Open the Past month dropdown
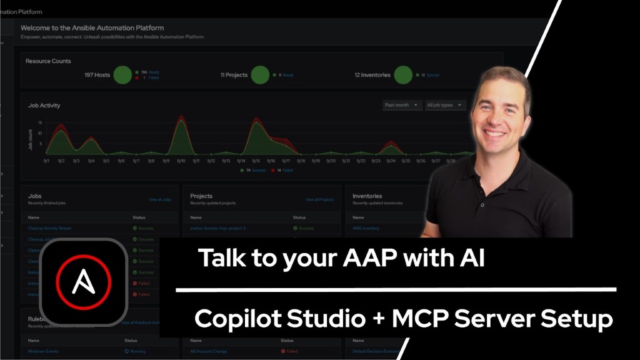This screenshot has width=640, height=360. point(402,105)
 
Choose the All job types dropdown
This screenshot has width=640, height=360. point(444,105)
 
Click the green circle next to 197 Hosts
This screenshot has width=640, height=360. point(123,75)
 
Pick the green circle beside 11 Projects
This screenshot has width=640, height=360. point(261,75)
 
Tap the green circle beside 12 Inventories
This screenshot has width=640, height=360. point(403,75)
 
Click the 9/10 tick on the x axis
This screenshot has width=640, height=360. point(181,161)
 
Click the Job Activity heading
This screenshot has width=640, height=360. point(44,106)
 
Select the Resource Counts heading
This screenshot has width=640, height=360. point(48,61)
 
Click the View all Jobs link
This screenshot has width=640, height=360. point(160,199)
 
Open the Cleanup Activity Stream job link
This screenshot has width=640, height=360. point(50,228)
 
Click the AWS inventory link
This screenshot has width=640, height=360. point(366,228)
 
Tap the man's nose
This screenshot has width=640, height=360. point(495,119)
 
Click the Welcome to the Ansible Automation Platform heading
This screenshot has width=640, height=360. point(92,28)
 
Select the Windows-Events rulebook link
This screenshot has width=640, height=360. point(44,351)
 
